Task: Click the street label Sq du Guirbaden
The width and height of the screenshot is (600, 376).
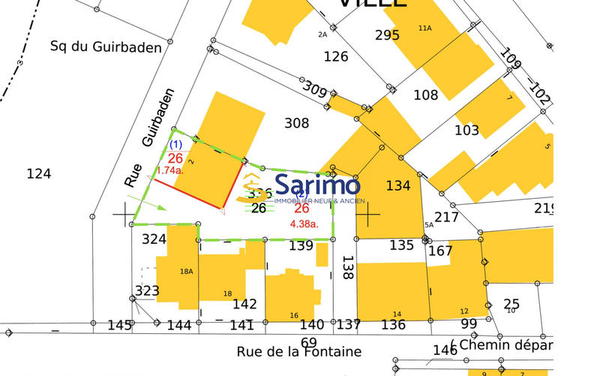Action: click(x=106, y=47)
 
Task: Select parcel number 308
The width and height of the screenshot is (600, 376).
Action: click(x=297, y=123)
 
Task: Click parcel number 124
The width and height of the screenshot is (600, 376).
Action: click(x=38, y=174)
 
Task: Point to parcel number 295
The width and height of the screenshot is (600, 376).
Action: click(x=387, y=35)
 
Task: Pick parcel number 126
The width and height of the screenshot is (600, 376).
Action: click(x=336, y=57)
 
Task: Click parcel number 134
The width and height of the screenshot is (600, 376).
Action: click(x=398, y=185)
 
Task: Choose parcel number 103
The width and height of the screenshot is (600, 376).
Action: click(x=466, y=130)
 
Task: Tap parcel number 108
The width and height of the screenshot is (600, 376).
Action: click(x=425, y=95)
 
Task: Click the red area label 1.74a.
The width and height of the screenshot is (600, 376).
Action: click(x=169, y=171)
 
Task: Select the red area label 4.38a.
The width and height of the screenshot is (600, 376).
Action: click(x=304, y=223)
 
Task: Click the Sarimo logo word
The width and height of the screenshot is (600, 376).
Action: click(x=318, y=185)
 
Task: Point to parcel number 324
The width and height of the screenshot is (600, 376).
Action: click(x=154, y=239)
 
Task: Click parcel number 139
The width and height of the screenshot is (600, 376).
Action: click(x=301, y=245)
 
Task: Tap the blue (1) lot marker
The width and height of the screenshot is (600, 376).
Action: click(x=175, y=144)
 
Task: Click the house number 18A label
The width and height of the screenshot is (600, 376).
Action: click(x=187, y=272)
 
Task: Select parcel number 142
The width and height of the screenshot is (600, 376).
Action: click(x=244, y=304)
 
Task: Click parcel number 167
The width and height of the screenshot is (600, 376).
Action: click(x=440, y=250)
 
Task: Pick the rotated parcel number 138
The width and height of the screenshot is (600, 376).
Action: click(x=346, y=268)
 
